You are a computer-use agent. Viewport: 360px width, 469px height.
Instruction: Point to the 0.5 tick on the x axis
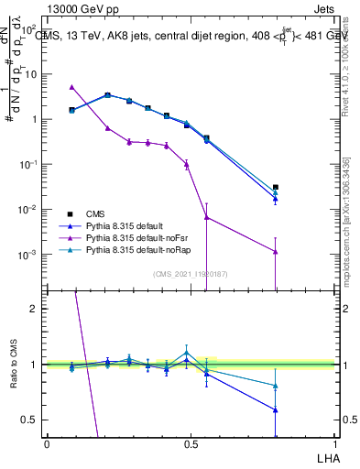[x=191, y=442]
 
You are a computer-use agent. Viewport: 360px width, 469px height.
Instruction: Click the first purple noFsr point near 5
[x=71, y=87]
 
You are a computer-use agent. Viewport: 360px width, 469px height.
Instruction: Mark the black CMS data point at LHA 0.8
[x=275, y=187]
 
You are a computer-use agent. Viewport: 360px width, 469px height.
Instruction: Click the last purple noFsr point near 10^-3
[x=275, y=252]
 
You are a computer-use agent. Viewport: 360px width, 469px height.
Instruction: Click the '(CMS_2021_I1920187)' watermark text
[x=191, y=275]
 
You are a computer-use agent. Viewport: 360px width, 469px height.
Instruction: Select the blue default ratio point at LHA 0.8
[x=275, y=409]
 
